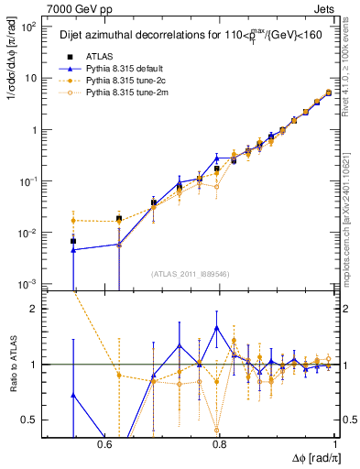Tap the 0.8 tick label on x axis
click(x=219, y=443)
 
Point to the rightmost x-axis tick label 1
click(x=335, y=443)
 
